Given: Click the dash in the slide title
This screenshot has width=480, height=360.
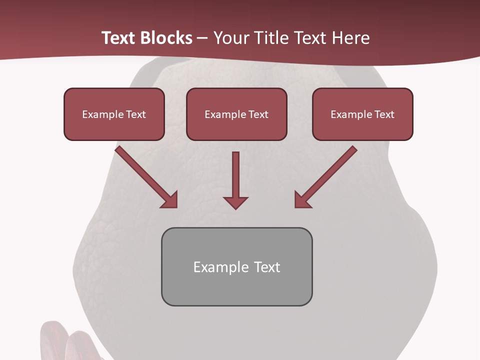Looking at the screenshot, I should pos(202,38).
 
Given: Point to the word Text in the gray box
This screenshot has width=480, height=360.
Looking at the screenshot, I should pos(267,267).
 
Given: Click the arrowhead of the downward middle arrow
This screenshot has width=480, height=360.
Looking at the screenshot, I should pos(235,202).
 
